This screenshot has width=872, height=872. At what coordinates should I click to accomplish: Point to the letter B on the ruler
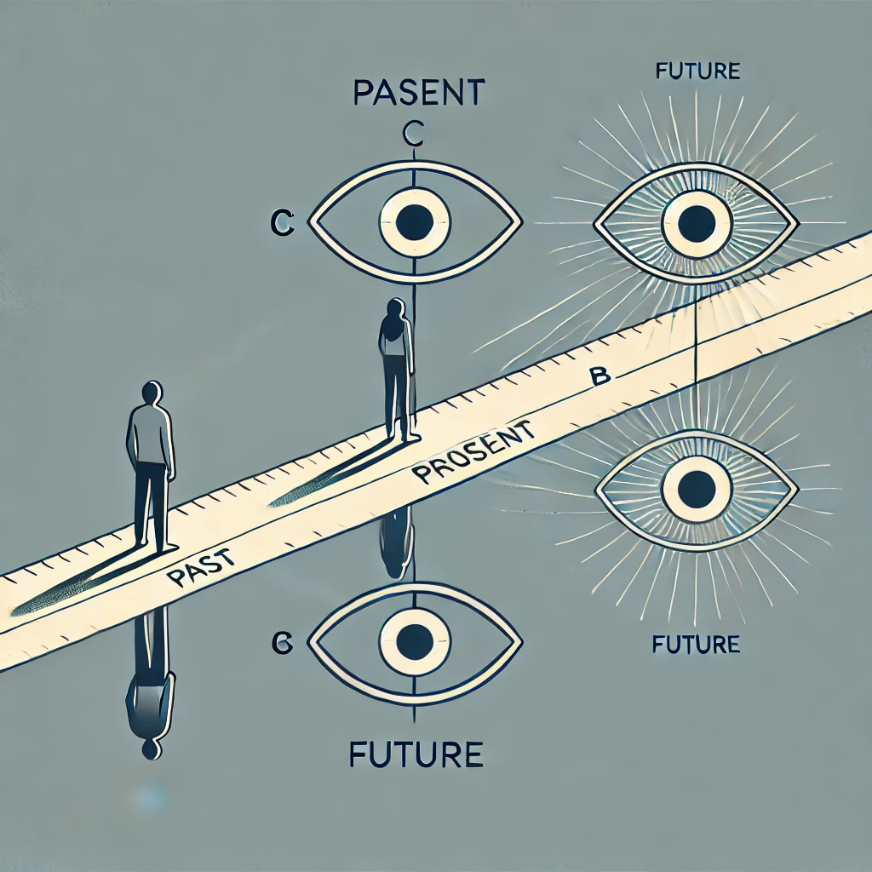(x=599, y=377)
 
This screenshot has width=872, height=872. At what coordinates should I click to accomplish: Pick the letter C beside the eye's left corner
(x=281, y=223)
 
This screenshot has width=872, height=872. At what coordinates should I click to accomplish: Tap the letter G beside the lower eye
(x=281, y=645)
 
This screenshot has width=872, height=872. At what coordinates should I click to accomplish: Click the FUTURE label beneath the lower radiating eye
(x=697, y=644)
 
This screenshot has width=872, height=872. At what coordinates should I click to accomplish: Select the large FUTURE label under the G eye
(x=416, y=754)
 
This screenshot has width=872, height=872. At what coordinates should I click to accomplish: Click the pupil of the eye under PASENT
(x=415, y=221)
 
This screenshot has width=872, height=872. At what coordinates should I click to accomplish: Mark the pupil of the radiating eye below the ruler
(x=697, y=489)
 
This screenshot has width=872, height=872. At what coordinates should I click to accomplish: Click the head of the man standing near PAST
(x=151, y=395)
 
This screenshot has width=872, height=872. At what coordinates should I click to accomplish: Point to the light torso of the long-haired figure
(x=394, y=346)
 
